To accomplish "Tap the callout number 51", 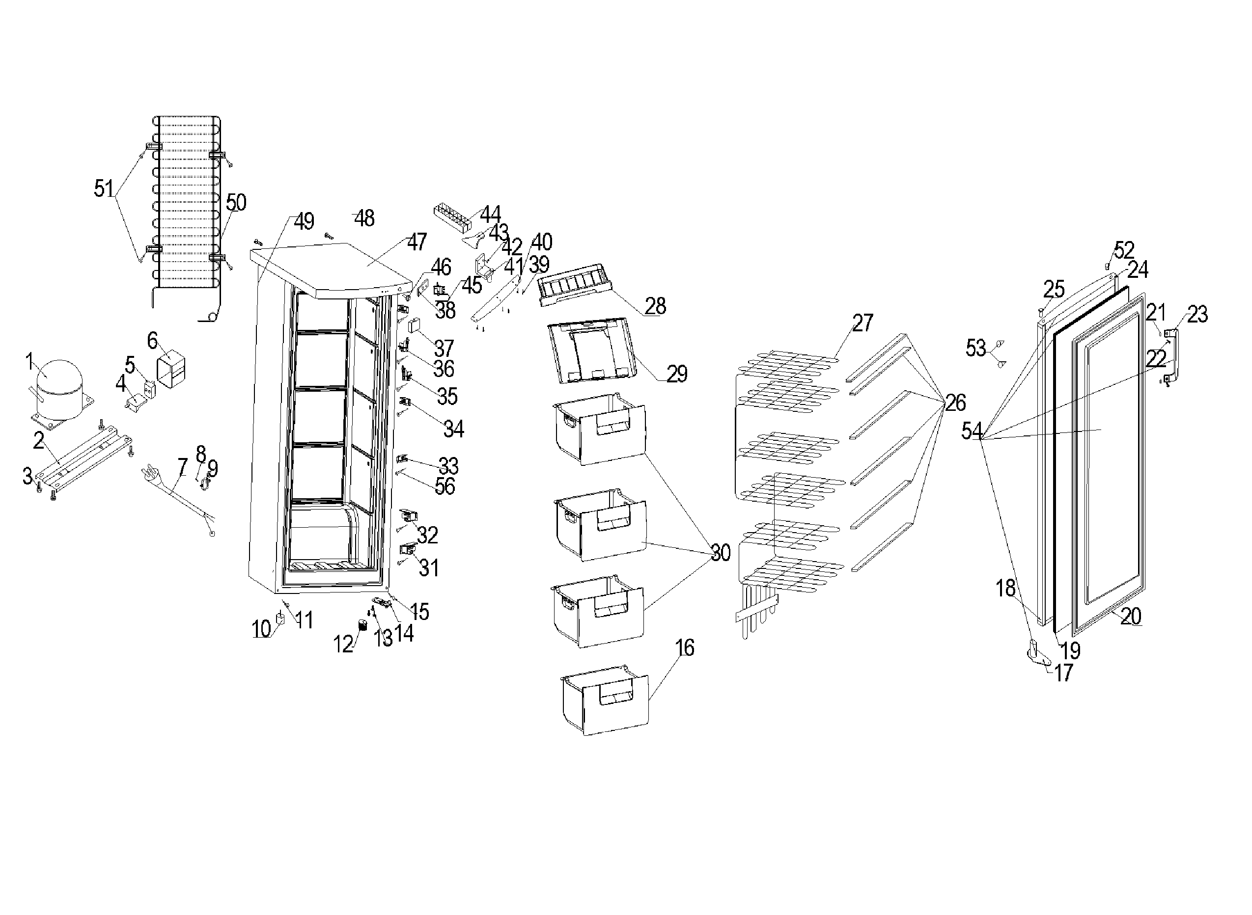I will (104, 189).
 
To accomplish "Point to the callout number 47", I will (417, 242).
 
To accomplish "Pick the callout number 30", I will (720, 552).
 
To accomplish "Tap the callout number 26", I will (955, 403).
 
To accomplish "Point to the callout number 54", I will (972, 431).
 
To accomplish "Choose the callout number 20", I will (1131, 617).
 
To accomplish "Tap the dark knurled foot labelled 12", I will (363, 626).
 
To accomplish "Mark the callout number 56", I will (445, 486).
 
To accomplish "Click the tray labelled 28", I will (577, 285).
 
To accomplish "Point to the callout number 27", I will (862, 323).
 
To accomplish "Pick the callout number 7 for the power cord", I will (183, 468).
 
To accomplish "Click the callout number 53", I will (975, 349).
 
